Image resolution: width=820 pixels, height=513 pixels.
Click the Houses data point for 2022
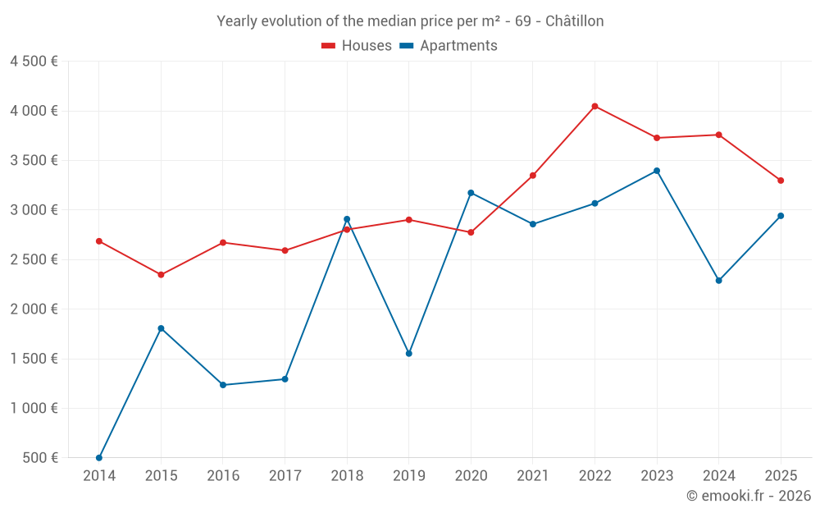tap(594, 106)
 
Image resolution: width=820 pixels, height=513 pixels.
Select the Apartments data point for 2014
tap(99, 457)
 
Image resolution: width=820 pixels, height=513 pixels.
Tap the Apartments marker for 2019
tap(408, 353)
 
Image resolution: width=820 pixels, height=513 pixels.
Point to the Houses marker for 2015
tap(161, 274)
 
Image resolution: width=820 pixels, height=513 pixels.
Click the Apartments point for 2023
tap(657, 171)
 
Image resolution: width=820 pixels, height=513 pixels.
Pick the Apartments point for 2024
tap(718, 280)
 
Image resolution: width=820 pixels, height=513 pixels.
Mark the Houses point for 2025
tap(781, 181)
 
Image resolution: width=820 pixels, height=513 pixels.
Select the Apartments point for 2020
tap(471, 193)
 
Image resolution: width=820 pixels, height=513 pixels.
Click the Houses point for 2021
tap(533, 175)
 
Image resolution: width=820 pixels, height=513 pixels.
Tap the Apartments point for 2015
tap(161, 328)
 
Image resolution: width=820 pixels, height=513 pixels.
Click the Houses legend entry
tap(357, 46)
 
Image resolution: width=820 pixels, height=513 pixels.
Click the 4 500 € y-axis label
tap(34, 62)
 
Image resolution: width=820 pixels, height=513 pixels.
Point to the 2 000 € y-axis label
tap(34, 309)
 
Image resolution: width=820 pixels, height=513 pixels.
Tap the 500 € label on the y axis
tap(39, 458)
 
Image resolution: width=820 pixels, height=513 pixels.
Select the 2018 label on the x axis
tap(347, 475)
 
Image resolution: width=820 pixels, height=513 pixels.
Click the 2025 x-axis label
tap(781, 475)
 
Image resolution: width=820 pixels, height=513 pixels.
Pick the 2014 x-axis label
tap(99, 475)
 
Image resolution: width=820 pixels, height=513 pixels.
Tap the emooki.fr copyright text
tap(749, 496)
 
